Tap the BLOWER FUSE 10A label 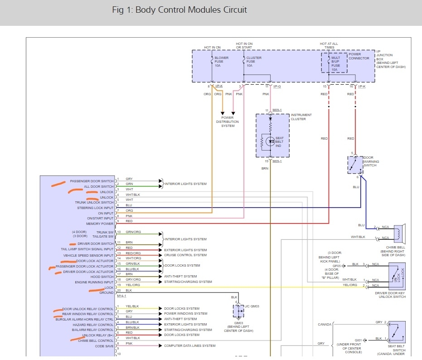(221, 62)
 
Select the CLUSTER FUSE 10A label (254, 62)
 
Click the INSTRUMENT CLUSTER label (301, 117)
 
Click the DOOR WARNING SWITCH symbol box (355, 165)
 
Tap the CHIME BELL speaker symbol (399, 233)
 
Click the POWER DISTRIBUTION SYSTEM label (228, 122)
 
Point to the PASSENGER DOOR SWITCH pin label (92, 181)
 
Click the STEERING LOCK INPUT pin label (95, 208)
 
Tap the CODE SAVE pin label (104, 346)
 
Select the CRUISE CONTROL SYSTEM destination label (185, 255)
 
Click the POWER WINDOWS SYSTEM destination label (185, 314)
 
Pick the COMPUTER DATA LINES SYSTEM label (190, 346)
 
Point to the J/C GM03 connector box (238, 311)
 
